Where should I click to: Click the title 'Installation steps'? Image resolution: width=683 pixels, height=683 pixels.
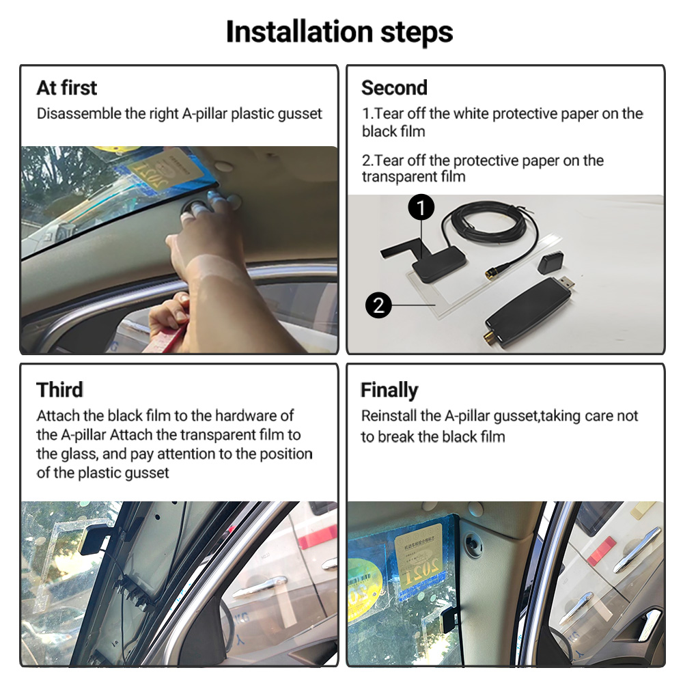pyautogui.click(x=339, y=32)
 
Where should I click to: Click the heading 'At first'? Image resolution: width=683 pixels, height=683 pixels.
pyautogui.click(x=67, y=87)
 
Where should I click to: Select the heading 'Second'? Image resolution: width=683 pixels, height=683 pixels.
pyautogui.click(x=394, y=87)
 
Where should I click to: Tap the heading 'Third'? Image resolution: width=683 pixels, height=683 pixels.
pyautogui.click(x=59, y=390)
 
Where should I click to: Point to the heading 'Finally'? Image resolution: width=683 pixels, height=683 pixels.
pyautogui.click(x=389, y=390)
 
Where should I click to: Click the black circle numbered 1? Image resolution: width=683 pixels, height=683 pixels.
pyautogui.click(x=421, y=208)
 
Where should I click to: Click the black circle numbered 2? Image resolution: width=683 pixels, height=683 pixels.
pyautogui.click(x=378, y=305)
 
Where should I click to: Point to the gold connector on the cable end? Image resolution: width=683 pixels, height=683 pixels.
pyautogui.click(x=492, y=273)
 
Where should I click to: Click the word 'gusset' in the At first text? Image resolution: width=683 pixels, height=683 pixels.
pyautogui.click(x=300, y=114)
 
